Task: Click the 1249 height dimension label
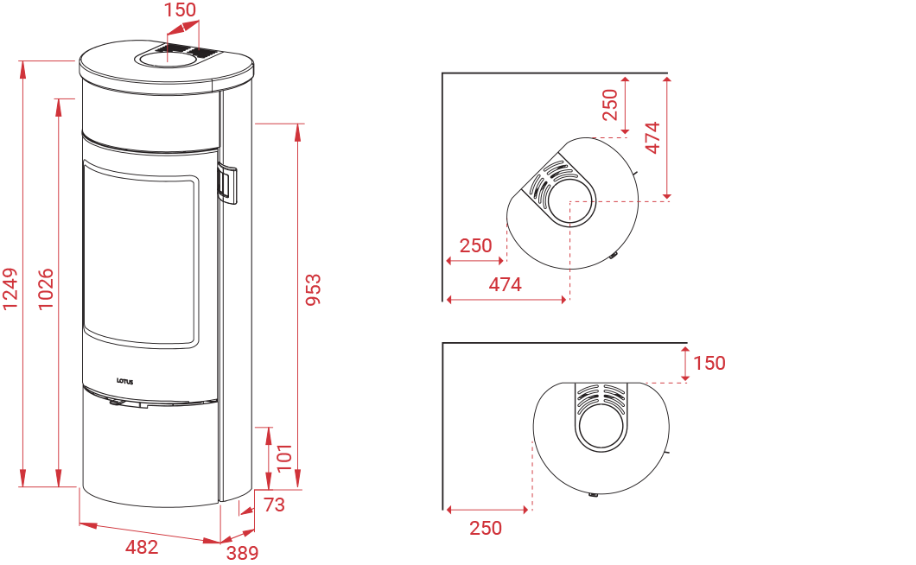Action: tap(10, 289)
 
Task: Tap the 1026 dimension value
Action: tap(46, 289)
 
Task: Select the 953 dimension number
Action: tap(314, 289)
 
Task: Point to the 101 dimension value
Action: tap(284, 458)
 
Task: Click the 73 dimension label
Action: tap(274, 505)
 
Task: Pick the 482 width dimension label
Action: tap(142, 547)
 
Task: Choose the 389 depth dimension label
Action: tap(243, 552)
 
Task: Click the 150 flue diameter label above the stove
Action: tap(180, 10)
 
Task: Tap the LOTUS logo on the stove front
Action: tap(125, 382)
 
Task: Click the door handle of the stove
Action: tap(227, 184)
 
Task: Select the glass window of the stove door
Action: tap(139, 256)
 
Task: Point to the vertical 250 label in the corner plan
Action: tap(610, 105)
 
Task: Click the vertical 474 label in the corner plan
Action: tap(652, 138)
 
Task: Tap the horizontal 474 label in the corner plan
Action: tap(506, 284)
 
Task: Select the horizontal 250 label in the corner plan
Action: tap(475, 245)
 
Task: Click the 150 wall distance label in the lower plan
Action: tap(709, 363)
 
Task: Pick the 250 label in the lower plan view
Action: tap(486, 528)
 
